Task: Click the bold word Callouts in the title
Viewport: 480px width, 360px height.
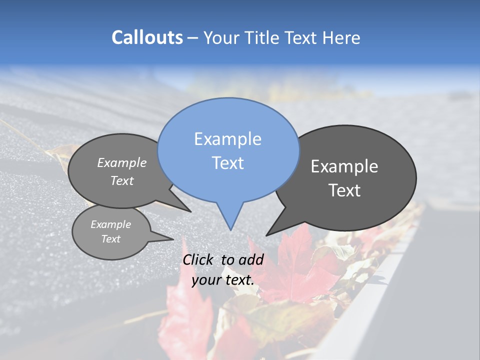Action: pyautogui.click(x=147, y=37)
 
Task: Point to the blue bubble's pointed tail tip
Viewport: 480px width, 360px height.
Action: pyautogui.click(x=230, y=229)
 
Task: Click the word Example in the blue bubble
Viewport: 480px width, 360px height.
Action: pyautogui.click(x=227, y=139)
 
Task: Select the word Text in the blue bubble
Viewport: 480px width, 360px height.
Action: pyautogui.click(x=228, y=163)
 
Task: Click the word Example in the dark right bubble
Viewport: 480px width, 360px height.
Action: pyautogui.click(x=344, y=166)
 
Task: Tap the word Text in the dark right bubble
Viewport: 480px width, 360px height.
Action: pyautogui.click(x=345, y=190)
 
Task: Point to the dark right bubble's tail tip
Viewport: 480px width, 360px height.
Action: pyautogui.click(x=266, y=235)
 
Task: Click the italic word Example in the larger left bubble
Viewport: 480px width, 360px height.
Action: pyautogui.click(x=122, y=163)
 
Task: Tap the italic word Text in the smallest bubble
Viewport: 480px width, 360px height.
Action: pyautogui.click(x=111, y=239)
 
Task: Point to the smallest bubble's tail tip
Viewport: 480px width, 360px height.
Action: pyautogui.click(x=173, y=239)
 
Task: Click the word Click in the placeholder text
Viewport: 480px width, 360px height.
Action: pyautogui.click(x=198, y=259)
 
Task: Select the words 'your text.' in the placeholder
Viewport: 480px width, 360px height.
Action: pyautogui.click(x=223, y=280)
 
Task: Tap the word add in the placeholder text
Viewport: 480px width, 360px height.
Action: pyautogui.click(x=251, y=259)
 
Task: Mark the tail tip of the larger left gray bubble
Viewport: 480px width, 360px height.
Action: pyautogui.click(x=190, y=211)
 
